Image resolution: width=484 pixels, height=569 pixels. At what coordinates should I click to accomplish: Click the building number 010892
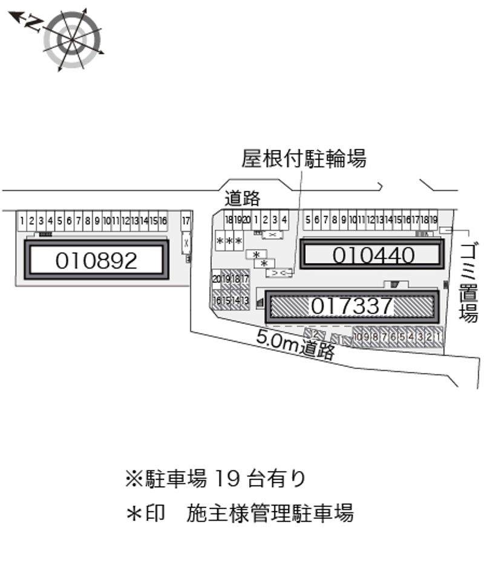pyautogui.click(x=96, y=260)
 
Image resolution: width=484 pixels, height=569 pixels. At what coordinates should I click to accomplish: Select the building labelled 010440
pyautogui.click(x=373, y=255)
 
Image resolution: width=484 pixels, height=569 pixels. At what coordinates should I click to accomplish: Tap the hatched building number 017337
pyautogui.click(x=352, y=306)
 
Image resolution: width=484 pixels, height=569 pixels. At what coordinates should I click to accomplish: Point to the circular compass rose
pyautogui.click(x=72, y=39)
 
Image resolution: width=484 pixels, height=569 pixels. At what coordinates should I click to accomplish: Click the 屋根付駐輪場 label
pyautogui.click(x=304, y=159)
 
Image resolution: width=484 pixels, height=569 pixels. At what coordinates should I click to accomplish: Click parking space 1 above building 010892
pyautogui.click(x=22, y=221)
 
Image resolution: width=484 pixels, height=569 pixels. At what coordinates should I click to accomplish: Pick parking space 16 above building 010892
pyautogui.click(x=163, y=221)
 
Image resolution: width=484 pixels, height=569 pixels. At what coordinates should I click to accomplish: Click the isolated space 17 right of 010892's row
pyautogui.click(x=186, y=221)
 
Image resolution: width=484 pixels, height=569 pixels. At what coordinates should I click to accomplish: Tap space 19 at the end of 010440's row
pyautogui.click(x=433, y=220)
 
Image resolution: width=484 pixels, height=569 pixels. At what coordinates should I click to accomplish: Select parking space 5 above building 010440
pyautogui.click(x=308, y=220)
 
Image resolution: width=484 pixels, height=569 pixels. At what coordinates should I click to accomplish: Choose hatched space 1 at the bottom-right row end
pyautogui.click(x=437, y=336)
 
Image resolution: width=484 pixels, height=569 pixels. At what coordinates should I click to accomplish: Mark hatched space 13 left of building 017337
pyautogui.click(x=245, y=301)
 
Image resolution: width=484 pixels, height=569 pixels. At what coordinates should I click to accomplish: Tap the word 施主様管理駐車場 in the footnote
pyautogui.click(x=270, y=513)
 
